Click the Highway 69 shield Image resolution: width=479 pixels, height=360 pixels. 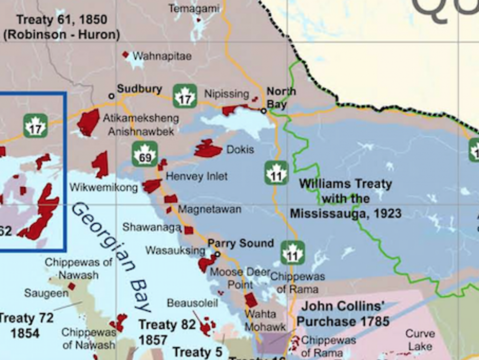[x=145, y=154]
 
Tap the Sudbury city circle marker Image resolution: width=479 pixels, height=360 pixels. [x=111, y=96]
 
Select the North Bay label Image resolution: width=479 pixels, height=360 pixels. [x=281, y=97]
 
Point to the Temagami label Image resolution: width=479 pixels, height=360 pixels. [x=194, y=8]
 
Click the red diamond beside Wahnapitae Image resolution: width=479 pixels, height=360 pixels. [x=125, y=55]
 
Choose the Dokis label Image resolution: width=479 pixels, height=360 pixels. [x=240, y=149]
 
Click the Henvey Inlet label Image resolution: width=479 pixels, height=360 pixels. [x=196, y=176]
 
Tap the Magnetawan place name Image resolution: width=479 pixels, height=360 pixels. [x=209, y=209]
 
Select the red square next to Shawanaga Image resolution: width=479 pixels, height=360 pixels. [x=189, y=230]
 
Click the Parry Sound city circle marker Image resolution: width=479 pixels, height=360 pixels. [x=217, y=254]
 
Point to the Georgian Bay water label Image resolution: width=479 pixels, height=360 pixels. [x=110, y=255]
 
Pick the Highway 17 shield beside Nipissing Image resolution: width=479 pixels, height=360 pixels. [x=184, y=96]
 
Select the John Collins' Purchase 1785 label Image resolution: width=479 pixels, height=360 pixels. [x=343, y=314]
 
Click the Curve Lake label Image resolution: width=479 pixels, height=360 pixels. [x=420, y=340]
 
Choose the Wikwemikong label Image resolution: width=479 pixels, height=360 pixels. [x=103, y=188]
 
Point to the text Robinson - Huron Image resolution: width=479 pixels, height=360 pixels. [x=61, y=34]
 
